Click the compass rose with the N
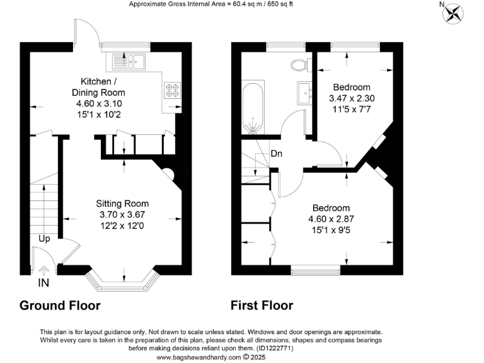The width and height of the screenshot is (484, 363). click(453, 13)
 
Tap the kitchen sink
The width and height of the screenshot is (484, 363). click(129, 61)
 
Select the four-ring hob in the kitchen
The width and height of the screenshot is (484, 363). click(171, 90)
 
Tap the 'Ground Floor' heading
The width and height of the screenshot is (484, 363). click(60, 306)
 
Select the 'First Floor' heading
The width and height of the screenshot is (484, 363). click(262, 306)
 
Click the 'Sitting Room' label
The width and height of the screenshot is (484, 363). click(122, 204)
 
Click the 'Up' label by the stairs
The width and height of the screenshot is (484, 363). click(44, 239)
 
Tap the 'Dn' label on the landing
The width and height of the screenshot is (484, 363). click(276, 153)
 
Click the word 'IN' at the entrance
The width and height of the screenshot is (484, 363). click(43, 284)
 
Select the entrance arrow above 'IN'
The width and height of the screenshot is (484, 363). click(43, 271)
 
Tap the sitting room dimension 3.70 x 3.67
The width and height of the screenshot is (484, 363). click(122, 215)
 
